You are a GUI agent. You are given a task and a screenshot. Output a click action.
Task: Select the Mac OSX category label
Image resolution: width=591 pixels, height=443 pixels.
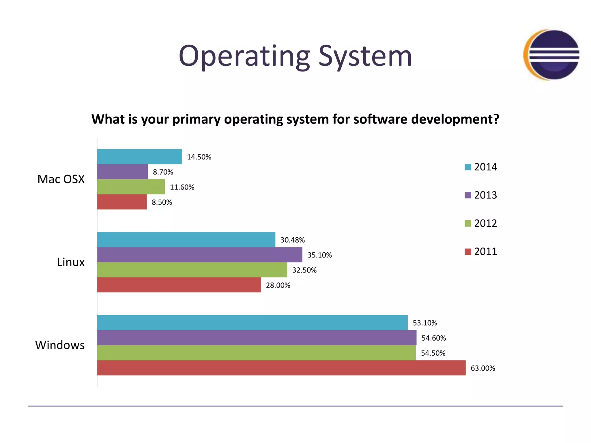pos(61,179)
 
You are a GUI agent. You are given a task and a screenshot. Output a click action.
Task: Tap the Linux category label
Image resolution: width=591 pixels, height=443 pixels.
pos(71,262)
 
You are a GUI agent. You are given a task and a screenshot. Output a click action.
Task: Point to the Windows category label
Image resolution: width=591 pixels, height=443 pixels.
pos(60,345)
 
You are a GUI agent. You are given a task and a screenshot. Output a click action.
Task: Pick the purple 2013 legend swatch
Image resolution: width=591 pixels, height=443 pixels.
pos(468,195)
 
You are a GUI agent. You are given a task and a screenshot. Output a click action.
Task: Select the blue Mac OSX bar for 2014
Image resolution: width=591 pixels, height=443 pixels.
pos(139,157)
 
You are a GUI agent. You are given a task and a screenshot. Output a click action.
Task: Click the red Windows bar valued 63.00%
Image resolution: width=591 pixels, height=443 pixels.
pos(281,368)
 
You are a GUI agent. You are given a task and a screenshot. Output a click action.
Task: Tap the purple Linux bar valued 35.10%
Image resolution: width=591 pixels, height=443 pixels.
pos(200,255)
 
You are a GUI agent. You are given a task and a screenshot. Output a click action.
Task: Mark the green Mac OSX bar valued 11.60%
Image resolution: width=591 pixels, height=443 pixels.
pos(131,187)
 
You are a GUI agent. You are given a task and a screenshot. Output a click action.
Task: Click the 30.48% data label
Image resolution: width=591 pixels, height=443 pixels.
pos(292,240)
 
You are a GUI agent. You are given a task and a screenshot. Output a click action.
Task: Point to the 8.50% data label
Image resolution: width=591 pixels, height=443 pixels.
pos(162,202)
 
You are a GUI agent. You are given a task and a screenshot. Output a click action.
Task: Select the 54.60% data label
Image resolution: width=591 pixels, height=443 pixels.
pos(433,338)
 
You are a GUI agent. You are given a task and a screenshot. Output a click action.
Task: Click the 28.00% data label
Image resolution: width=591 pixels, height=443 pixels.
pos(278,285)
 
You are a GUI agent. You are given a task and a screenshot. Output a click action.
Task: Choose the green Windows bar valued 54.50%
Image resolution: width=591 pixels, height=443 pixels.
pos(256,353)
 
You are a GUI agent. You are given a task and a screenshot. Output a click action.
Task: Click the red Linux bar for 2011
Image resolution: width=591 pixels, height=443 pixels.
pos(179,285)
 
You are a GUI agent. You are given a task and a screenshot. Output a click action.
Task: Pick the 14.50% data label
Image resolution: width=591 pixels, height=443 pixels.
pos(199,157)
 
